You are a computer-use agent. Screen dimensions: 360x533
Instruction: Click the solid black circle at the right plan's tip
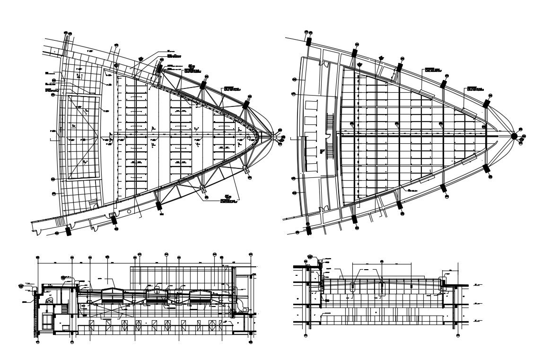[x=514, y=136]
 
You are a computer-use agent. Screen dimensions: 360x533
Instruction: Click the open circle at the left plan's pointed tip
[x=275, y=136]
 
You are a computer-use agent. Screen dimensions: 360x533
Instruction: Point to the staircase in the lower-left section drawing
[x=65, y=309]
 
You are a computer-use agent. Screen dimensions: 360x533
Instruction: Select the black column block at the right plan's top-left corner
[x=308, y=41]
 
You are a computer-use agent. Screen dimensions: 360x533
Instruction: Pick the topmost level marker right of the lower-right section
[x=476, y=284]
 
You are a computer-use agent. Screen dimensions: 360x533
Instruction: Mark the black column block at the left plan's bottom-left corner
[x=68, y=231]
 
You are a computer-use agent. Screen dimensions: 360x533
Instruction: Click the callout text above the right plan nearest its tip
[x=475, y=88]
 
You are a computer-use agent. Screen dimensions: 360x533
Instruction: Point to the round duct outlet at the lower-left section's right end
[x=245, y=308]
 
